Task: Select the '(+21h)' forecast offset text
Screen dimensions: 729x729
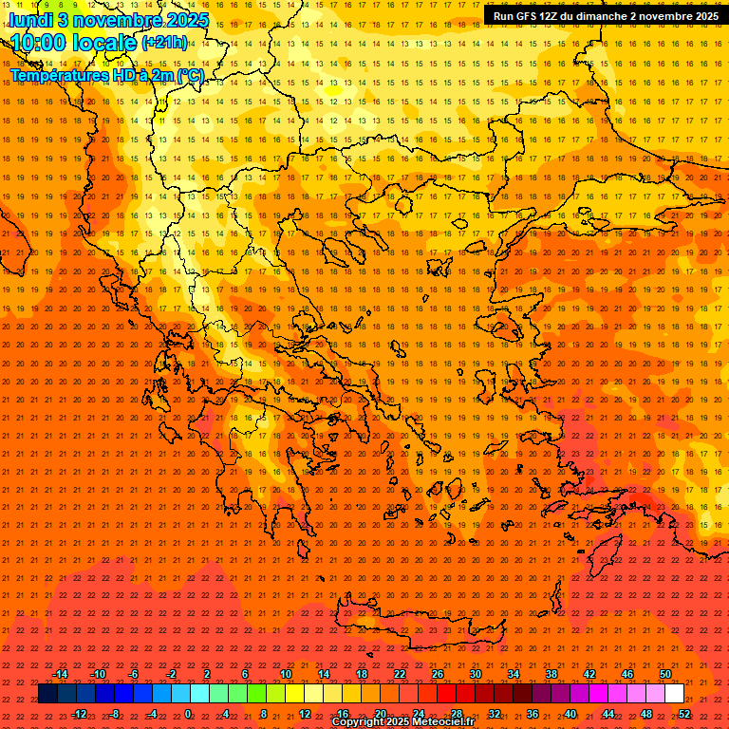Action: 164,43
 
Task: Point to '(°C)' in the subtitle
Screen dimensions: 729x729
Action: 190,75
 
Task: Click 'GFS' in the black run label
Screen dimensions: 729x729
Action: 528,16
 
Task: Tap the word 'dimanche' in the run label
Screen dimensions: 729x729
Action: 604,16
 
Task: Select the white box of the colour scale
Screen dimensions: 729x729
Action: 674,694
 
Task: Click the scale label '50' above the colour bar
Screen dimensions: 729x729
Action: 665,674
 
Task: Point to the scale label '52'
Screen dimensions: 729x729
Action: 684,714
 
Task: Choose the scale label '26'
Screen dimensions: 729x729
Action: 438,674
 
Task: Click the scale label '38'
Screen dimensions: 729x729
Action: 551,674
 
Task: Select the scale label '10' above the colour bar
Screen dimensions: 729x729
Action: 286,674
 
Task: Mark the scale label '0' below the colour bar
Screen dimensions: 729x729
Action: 189,714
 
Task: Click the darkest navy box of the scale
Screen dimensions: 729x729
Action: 48,694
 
